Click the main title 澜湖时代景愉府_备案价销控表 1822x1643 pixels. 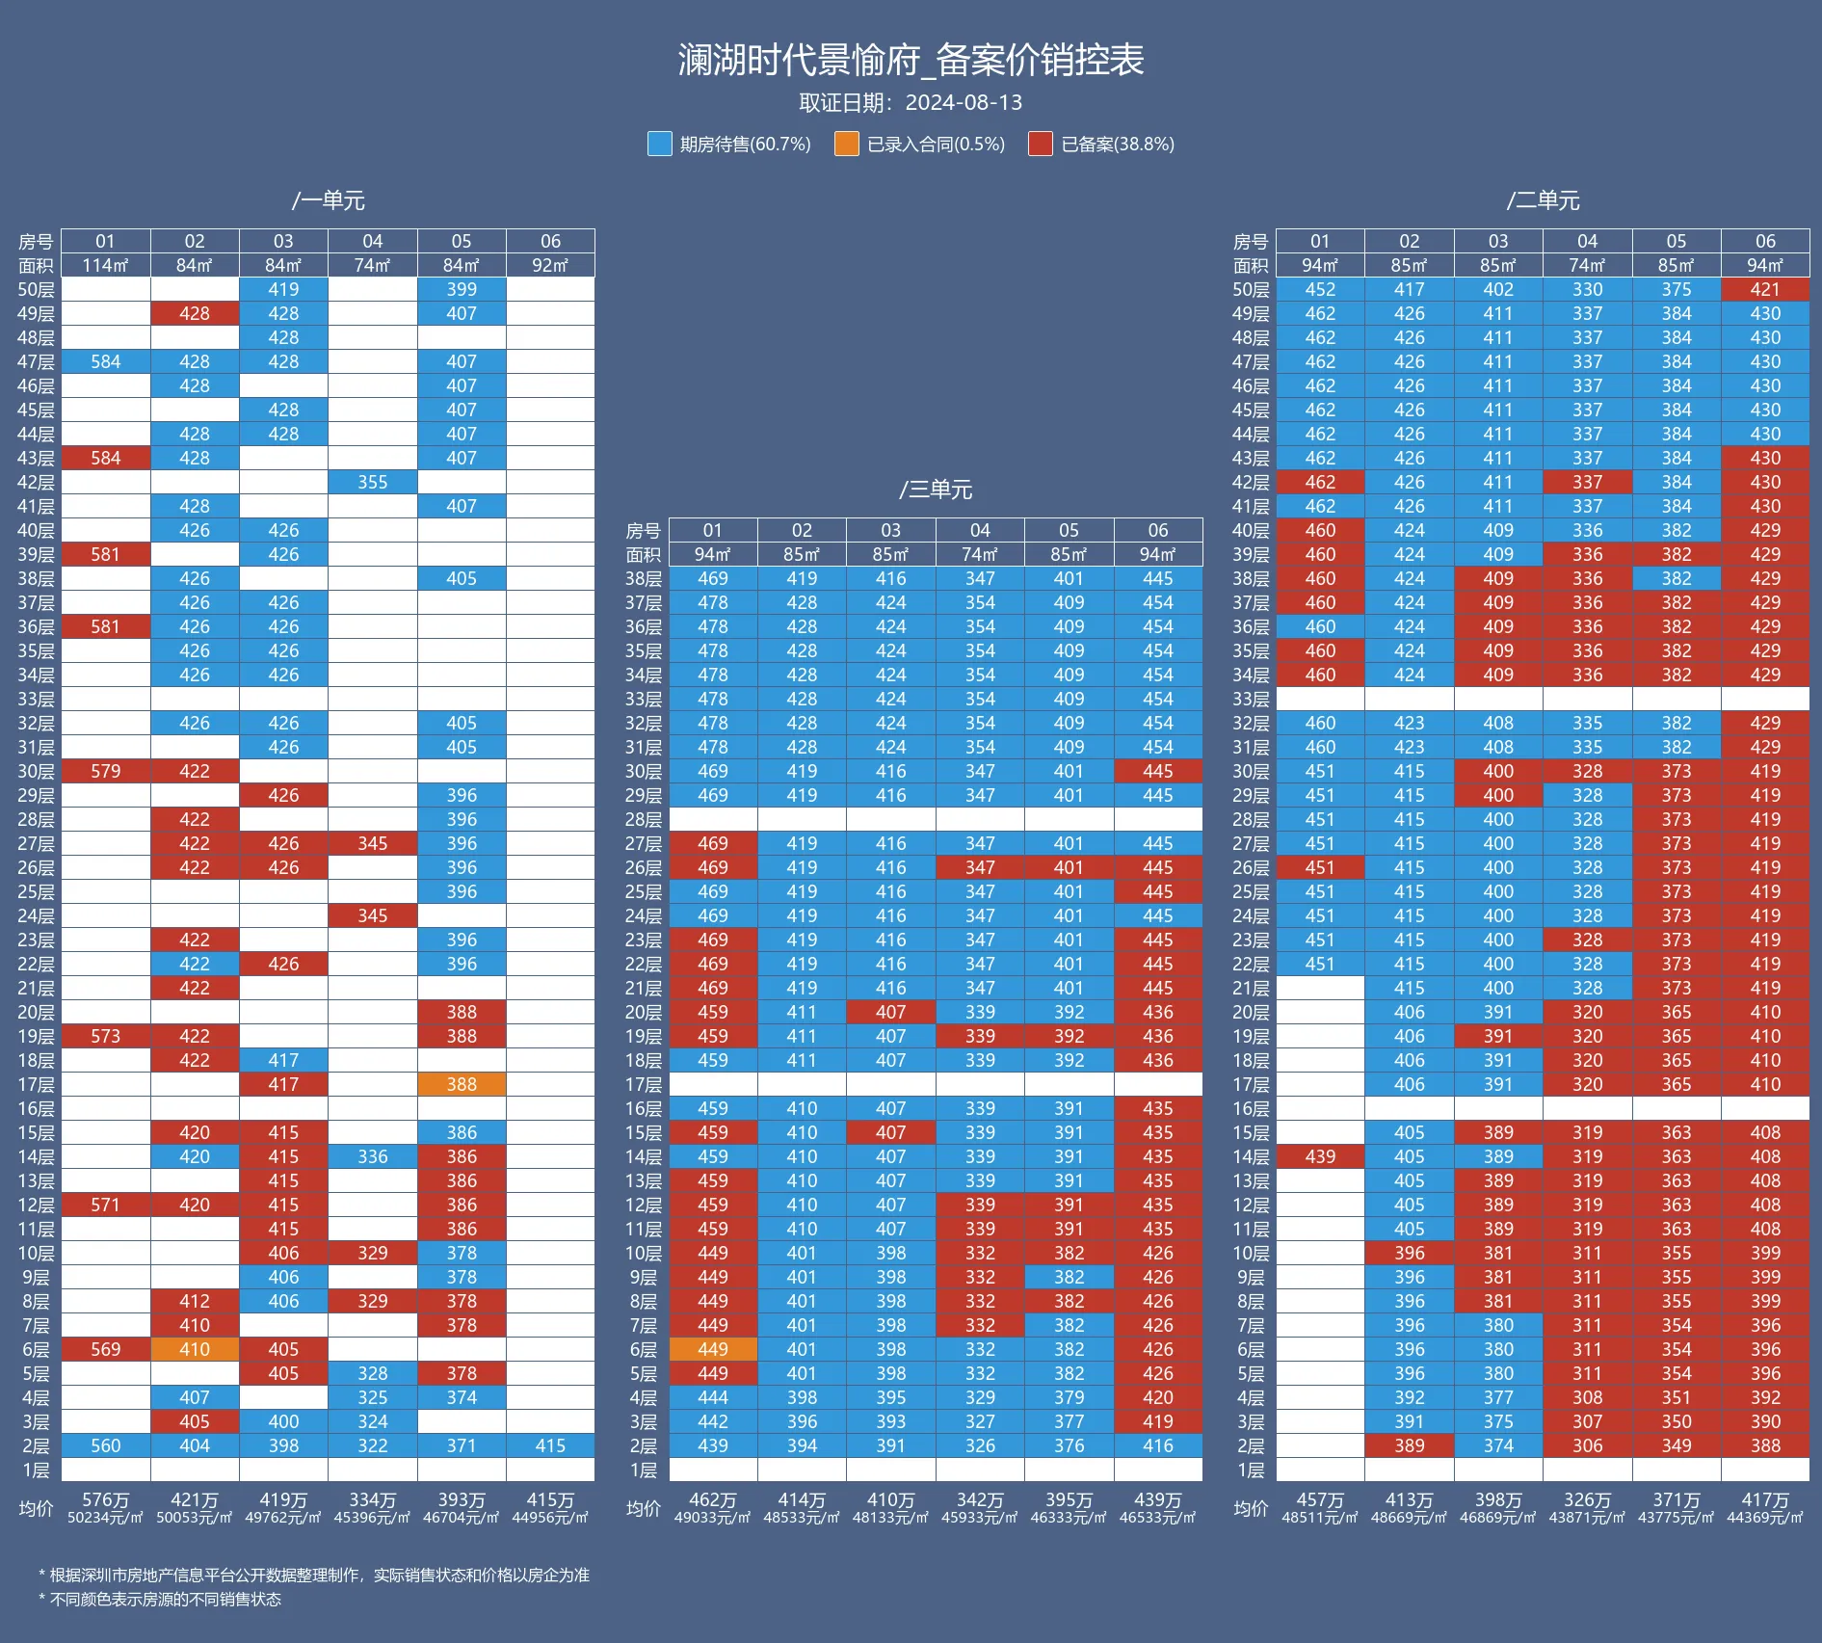pyautogui.click(x=911, y=60)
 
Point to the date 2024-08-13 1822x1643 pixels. pyautogui.click(x=964, y=103)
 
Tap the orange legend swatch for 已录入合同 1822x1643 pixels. pyautogui.click(x=846, y=144)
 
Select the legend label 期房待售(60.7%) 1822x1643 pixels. pyautogui.click(x=745, y=145)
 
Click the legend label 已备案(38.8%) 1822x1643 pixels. pyautogui.click(x=1117, y=145)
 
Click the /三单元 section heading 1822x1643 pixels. pyautogui.click(x=936, y=490)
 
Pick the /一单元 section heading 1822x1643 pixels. pyautogui.click(x=329, y=200)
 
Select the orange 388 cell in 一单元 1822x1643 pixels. pyautogui.click(x=462, y=1084)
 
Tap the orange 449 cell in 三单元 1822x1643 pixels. pyautogui.click(x=713, y=1349)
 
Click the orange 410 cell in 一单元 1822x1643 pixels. pyautogui.click(x=195, y=1349)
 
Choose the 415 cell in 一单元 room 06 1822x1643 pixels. pyautogui.click(x=550, y=1445)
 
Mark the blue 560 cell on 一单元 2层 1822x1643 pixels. pyautogui.click(x=106, y=1445)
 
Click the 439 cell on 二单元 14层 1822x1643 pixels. pyautogui.click(x=1320, y=1156)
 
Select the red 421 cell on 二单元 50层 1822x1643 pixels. pyautogui.click(x=1765, y=289)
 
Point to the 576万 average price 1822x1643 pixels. pyautogui.click(x=106, y=1500)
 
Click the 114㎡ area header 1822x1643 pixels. pyautogui.click(x=106, y=265)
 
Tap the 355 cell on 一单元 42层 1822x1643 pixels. pyautogui.click(x=373, y=482)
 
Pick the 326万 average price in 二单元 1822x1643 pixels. pyautogui.click(x=1587, y=1500)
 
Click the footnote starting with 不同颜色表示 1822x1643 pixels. pyautogui.click(x=160, y=1600)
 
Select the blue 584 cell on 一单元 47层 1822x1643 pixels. pyautogui.click(x=106, y=361)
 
